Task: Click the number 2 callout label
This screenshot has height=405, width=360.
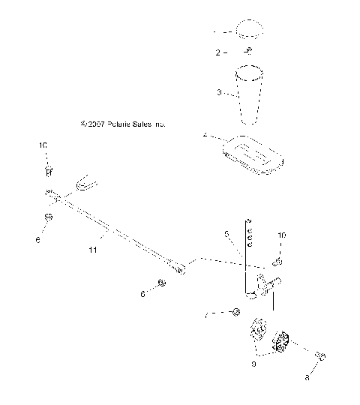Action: tap(218, 53)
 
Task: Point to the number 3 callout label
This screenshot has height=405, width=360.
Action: tap(218, 93)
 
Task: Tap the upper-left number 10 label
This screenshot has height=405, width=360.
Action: tap(43, 144)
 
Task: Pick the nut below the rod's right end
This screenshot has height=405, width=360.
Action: tap(161, 283)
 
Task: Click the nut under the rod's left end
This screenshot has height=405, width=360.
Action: tap(49, 217)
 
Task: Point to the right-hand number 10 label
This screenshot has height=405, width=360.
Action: tap(281, 235)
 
